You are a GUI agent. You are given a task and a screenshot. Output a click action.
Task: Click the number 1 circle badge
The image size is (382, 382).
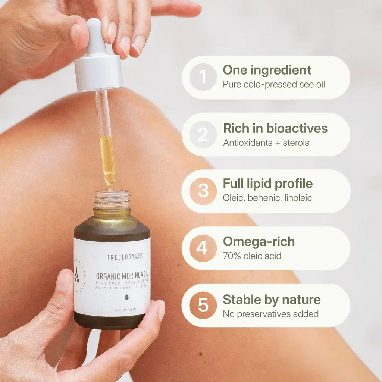(x=203, y=77)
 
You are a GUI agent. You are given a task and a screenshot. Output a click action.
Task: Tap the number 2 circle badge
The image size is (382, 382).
(x=203, y=134)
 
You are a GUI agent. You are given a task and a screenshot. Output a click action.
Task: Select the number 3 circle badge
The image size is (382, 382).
(x=203, y=191)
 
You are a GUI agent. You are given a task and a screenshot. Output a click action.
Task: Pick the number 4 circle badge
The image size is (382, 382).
(x=203, y=248)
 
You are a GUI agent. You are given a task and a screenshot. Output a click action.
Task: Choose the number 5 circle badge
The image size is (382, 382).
(x=203, y=305)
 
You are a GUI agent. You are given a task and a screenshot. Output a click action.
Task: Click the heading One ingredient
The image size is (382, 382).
(x=267, y=70)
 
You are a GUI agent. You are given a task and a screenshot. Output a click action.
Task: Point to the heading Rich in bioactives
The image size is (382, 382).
(x=275, y=128)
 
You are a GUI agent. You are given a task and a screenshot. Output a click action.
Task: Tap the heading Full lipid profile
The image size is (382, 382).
(x=267, y=184)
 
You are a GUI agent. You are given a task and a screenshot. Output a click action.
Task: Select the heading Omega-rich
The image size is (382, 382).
(x=259, y=241)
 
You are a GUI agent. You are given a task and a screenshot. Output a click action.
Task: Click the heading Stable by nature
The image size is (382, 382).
(x=271, y=300)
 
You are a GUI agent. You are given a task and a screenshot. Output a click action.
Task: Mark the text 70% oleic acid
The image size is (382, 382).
(x=252, y=256)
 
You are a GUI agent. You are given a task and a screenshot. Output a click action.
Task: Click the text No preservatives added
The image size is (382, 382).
(x=270, y=314)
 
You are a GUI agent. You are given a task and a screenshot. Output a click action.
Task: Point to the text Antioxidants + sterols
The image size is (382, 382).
(x=266, y=143)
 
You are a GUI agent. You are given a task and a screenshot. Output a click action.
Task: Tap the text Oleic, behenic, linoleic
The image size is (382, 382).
(x=267, y=198)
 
